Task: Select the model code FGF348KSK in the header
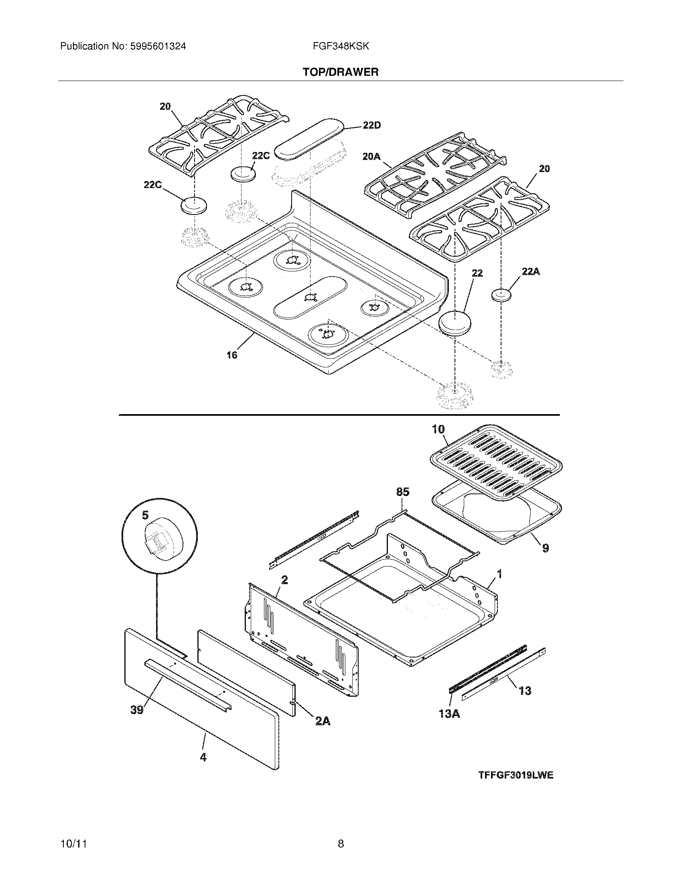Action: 341,47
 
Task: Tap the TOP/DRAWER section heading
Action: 341,72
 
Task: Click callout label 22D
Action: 371,125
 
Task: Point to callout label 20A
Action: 371,156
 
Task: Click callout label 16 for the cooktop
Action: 231,355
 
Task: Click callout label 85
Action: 402,492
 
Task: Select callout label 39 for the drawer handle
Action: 136,709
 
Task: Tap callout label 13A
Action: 449,714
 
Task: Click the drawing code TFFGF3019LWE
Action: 516,775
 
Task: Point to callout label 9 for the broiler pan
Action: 546,548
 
